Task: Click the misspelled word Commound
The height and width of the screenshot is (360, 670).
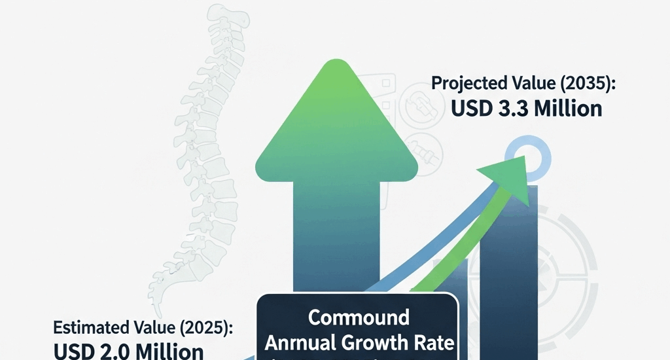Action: pyautogui.click(x=358, y=318)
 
